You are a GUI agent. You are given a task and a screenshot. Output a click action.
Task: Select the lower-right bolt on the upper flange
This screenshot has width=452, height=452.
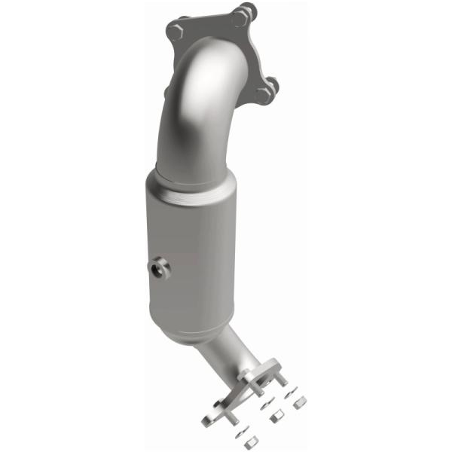pyautogui.click(x=264, y=93)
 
